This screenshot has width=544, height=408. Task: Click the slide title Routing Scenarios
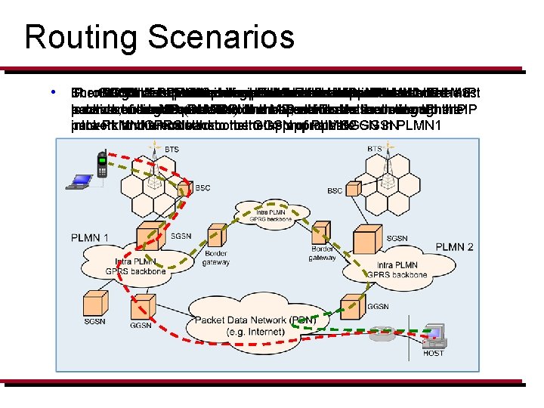[x=159, y=36]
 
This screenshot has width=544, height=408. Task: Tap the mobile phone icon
[x=102, y=165]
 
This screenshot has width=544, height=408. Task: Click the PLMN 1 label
[x=91, y=239]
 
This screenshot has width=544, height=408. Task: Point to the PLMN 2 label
[x=454, y=247]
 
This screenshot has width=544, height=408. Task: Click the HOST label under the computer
[x=434, y=353]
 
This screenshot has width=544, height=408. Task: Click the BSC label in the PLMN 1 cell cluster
[x=203, y=188]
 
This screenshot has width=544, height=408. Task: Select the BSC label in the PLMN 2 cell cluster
[x=335, y=191]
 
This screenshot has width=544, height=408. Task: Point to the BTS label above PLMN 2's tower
[x=374, y=150]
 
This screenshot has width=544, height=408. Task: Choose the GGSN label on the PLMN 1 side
[x=140, y=325]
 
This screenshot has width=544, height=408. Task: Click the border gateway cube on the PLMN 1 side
[x=215, y=237]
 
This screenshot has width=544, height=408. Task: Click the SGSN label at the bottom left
[x=96, y=323]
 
